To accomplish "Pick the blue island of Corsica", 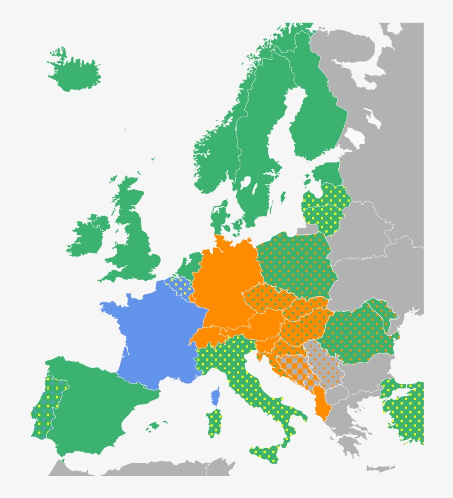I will coord(215,397).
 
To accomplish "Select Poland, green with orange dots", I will coord(296,263).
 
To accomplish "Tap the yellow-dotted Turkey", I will coord(406,412).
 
